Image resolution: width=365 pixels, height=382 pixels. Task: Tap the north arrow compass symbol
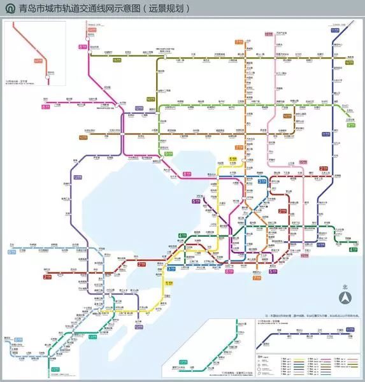[x=344, y=297]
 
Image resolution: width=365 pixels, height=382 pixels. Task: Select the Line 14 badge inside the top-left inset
[x=38, y=60]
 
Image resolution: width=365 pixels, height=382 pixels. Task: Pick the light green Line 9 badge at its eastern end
[x=350, y=125]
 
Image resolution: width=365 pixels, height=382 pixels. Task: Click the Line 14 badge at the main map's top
[x=92, y=30]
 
